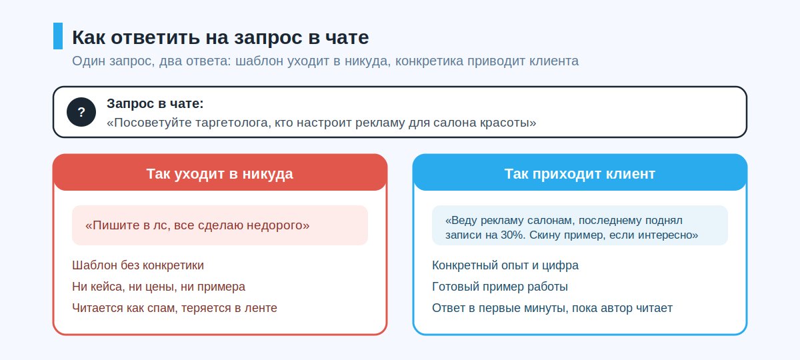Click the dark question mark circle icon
point(81,112)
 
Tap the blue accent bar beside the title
point(58,36)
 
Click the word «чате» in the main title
point(347,37)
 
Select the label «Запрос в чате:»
point(155,103)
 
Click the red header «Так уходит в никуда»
point(219,174)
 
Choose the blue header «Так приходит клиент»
point(579,174)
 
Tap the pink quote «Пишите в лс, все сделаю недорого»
point(197,225)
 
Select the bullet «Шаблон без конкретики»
point(138,265)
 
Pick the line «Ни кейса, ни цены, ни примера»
point(159,287)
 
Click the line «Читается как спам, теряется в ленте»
point(175,308)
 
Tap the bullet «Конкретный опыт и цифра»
point(505,265)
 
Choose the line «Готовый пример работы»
point(499,287)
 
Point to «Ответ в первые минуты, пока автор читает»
point(552,308)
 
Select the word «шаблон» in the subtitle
point(259,61)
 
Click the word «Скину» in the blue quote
point(545,235)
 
